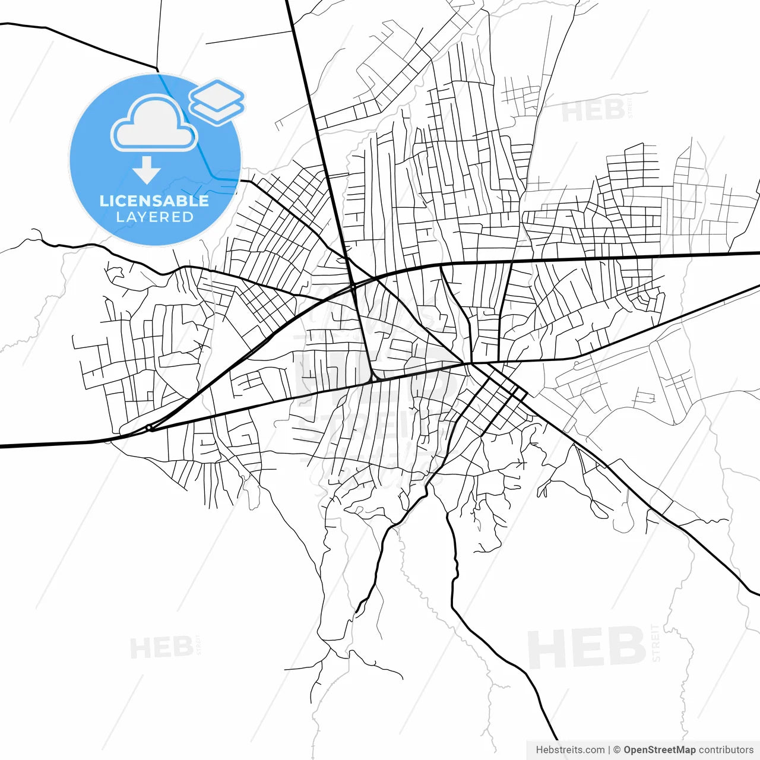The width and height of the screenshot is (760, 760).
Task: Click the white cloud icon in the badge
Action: (154, 125)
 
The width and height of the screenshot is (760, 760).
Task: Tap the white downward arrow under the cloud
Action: (147, 170)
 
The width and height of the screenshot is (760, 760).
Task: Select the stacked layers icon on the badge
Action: (217, 102)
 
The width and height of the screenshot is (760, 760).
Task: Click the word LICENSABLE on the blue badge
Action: (154, 201)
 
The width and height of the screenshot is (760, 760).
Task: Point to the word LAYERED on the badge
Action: (154, 217)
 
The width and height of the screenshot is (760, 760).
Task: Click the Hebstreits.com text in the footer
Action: (570, 750)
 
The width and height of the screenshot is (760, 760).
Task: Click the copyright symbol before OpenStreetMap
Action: (617, 750)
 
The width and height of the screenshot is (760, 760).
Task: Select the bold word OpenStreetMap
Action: (659, 750)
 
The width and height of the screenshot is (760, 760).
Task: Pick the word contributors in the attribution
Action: (726, 750)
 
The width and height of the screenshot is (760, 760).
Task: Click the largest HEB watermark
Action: (587, 648)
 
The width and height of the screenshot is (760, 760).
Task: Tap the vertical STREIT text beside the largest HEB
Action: (655, 643)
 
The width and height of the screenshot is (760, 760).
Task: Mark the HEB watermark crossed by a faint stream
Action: (593, 111)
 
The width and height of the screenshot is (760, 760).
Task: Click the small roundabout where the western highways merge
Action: (149, 427)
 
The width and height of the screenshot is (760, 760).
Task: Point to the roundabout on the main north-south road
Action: (353, 286)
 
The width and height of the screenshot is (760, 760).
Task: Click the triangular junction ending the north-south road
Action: (375, 376)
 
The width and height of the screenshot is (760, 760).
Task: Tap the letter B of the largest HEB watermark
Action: (627, 648)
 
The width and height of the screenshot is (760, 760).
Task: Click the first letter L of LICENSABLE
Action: (104, 201)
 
